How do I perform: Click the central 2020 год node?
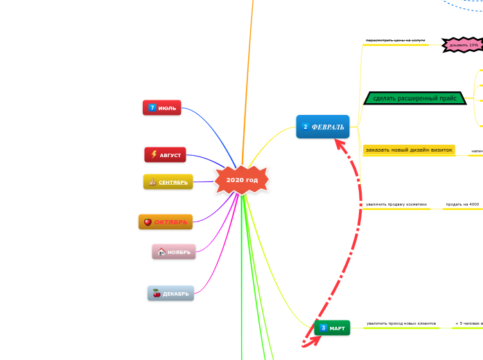point(242,180)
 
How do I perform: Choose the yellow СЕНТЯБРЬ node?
point(168,182)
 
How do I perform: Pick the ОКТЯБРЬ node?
point(165,222)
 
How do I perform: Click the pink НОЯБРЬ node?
point(174,252)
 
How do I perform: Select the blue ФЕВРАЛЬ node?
point(323,127)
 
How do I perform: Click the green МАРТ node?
point(332,327)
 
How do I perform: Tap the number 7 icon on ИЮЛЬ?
point(152,108)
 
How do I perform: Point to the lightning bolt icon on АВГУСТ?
point(154,155)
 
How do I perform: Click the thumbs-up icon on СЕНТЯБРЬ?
point(152,182)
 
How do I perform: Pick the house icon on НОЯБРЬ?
point(161,252)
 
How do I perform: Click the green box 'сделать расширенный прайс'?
point(414,98)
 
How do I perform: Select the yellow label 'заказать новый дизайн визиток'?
point(408,150)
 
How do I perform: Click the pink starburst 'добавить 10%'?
point(464,45)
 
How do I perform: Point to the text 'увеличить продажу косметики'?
point(396,204)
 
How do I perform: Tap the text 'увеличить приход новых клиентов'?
point(401,323)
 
